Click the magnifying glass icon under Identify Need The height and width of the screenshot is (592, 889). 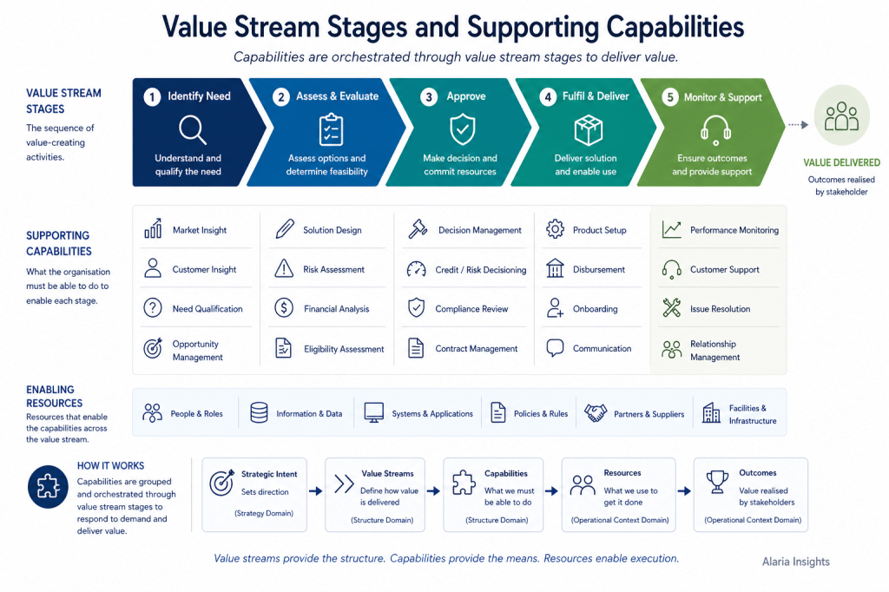[192, 130]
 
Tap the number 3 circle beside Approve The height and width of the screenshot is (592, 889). [429, 97]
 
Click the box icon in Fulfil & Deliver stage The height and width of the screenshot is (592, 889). [588, 130]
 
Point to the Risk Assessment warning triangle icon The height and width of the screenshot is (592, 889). [284, 268]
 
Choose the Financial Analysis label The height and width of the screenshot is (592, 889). [336, 309]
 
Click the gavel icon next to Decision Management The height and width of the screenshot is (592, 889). [418, 228]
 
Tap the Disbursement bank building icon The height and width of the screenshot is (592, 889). [555, 268]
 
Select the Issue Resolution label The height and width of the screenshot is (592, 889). [720, 309]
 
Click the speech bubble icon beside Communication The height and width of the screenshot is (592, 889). [555, 347]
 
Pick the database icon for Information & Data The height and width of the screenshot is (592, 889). [259, 412]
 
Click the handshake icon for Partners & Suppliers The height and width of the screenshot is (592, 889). [596, 412]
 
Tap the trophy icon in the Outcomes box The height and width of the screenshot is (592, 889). [717, 482]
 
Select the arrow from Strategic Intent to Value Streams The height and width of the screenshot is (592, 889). [315, 491]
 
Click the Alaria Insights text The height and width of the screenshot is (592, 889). [795, 562]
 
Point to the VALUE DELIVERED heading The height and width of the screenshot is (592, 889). [841, 162]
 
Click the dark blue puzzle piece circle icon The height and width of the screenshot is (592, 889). [49, 486]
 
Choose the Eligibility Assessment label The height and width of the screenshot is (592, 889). [344, 349]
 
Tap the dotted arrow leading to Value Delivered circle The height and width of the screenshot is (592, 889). [799, 125]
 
